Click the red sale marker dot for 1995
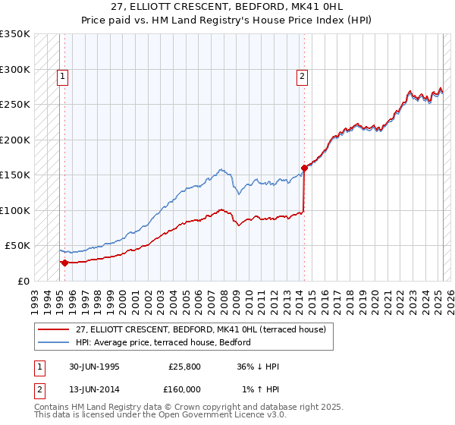64,263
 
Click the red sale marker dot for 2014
304,168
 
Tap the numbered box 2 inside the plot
302,75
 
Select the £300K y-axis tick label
16,69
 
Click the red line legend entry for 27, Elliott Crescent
200,329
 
